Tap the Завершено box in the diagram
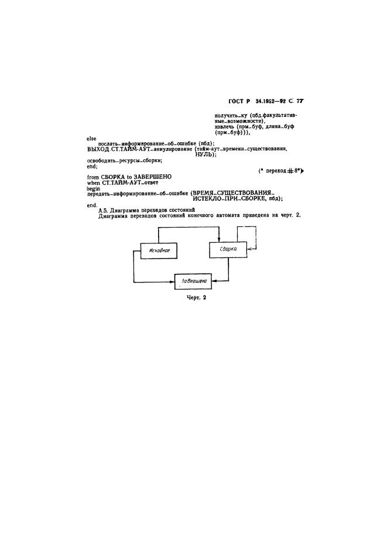[x=192, y=281]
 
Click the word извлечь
[x=213, y=127]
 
